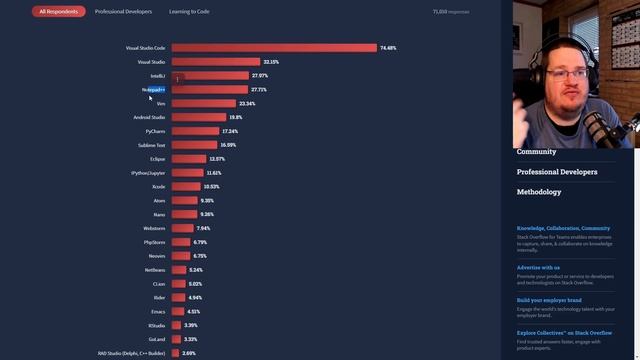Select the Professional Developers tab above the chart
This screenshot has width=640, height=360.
tap(123, 12)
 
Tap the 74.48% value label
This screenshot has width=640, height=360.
tap(388, 48)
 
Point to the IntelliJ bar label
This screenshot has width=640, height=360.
tap(157, 76)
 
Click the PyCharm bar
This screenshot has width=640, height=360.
tap(195, 132)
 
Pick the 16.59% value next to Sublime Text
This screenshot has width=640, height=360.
tap(228, 146)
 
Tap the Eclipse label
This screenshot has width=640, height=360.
tap(158, 159)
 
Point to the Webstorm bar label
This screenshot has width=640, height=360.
tap(154, 229)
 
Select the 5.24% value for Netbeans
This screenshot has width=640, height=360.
tap(195, 270)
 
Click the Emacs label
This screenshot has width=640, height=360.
tap(158, 312)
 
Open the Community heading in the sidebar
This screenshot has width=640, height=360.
tap(536, 152)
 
